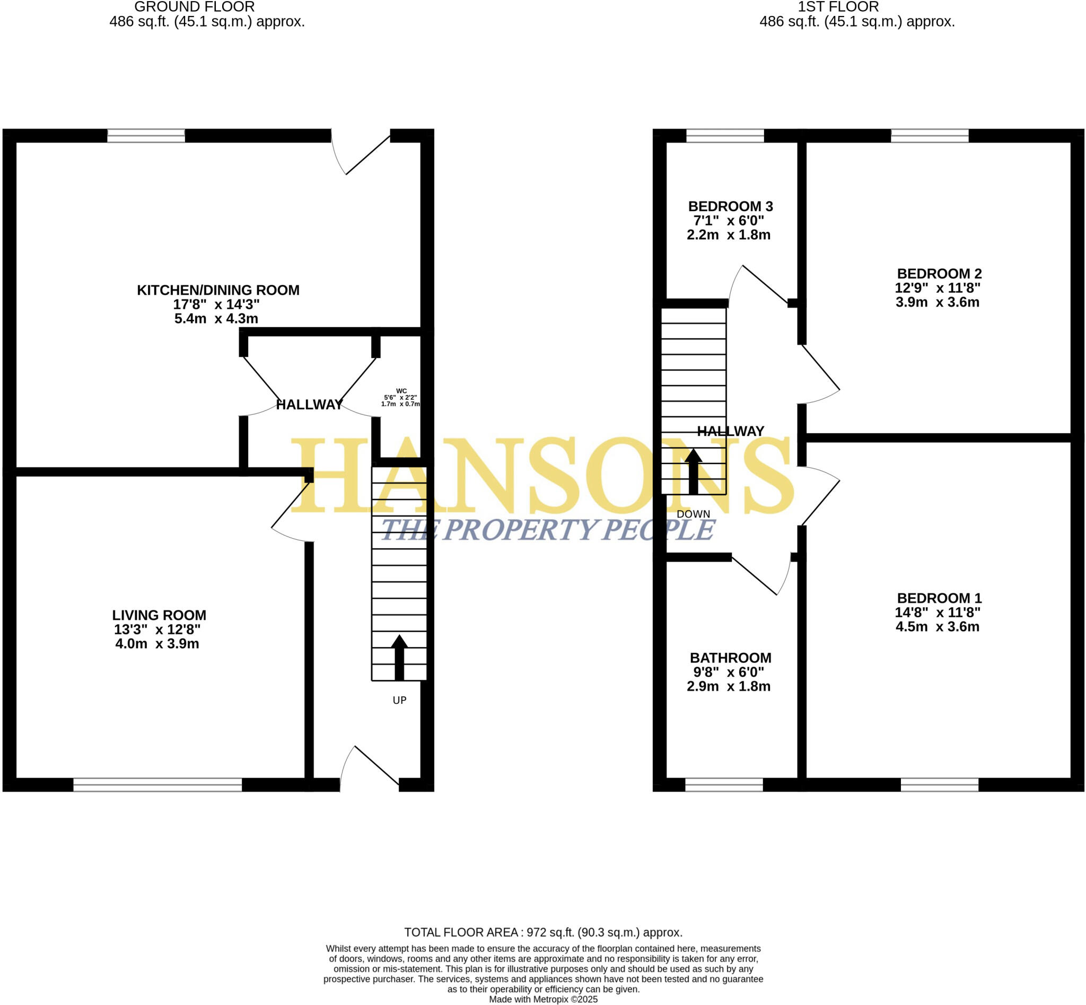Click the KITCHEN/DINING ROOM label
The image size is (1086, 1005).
click(x=217, y=290)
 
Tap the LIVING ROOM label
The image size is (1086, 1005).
click(x=159, y=615)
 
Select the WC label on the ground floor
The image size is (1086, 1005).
click(x=401, y=391)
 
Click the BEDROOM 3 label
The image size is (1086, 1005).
click(x=730, y=206)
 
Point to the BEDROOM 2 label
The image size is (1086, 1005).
click(x=939, y=274)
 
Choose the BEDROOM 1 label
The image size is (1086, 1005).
click(x=939, y=598)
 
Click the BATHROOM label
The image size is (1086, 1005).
click(x=730, y=658)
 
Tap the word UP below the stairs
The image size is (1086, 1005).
click(x=399, y=701)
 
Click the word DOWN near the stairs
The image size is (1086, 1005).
click(x=693, y=514)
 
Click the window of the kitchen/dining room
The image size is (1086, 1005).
click(x=146, y=135)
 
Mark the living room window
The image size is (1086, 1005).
click(x=157, y=784)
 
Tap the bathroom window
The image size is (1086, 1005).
click(x=724, y=784)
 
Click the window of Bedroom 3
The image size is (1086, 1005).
click(x=725, y=135)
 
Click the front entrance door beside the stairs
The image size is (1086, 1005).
click(x=370, y=767)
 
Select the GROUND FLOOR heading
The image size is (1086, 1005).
click(x=194, y=7)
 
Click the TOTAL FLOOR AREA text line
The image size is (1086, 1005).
click(x=542, y=932)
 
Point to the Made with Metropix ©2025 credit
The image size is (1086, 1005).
click(x=542, y=999)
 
